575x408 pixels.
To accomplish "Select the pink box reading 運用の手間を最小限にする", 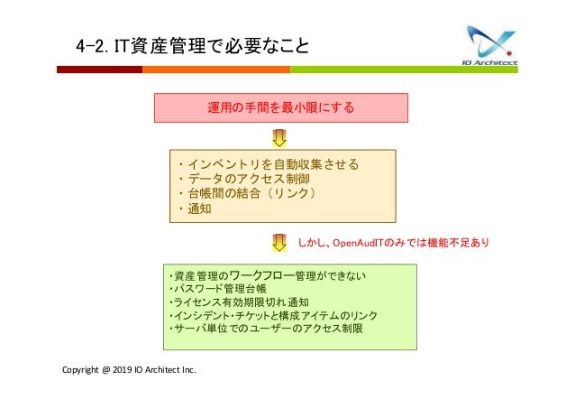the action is [281, 107].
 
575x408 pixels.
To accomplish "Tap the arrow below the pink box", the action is [279, 137].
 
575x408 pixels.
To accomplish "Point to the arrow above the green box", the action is [279, 242].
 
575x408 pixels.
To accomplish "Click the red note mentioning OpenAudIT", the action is [394, 242].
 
